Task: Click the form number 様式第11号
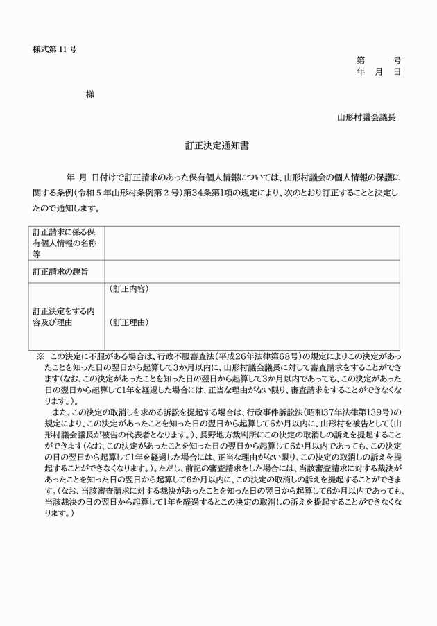tap(55, 50)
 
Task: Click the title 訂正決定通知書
tap(218, 146)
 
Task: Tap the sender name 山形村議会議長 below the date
tap(367, 117)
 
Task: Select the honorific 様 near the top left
tap(90, 94)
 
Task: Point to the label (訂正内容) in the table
tap(129, 288)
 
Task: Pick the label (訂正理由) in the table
tap(129, 322)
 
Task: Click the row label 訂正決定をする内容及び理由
tap(63, 316)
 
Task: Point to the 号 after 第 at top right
tap(397, 61)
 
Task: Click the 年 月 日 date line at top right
tap(378, 72)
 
